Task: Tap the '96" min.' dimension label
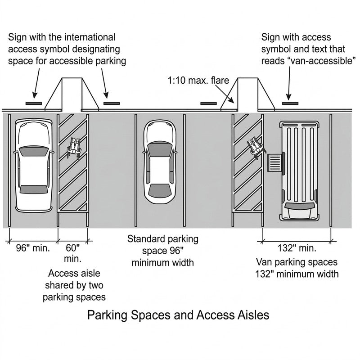pyautogui.click(x=32, y=247)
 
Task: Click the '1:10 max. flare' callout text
pyautogui.click(x=198, y=81)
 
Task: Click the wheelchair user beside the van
pyautogui.click(x=256, y=148)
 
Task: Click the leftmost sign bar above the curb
pyautogui.click(x=33, y=103)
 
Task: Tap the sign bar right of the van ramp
pyautogui.click(x=289, y=103)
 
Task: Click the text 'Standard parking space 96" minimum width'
pyautogui.click(x=162, y=251)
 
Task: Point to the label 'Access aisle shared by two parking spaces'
pyautogui.click(x=74, y=285)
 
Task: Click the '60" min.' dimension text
pyautogui.click(x=72, y=252)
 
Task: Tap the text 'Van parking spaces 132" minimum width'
pyautogui.click(x=297, y=268)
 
